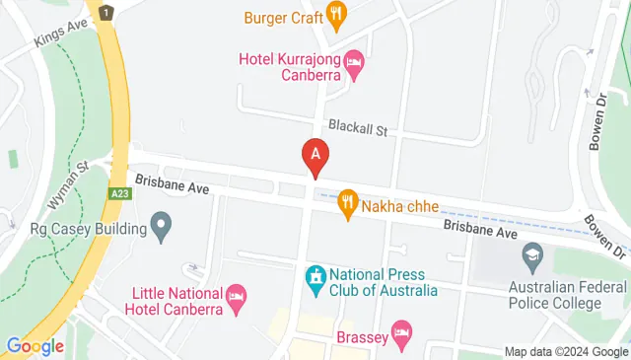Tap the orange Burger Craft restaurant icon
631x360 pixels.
[337, 14]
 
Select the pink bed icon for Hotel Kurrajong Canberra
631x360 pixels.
[353, 61]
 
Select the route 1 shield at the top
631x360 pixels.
[105, 12]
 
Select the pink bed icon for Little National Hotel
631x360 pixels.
[237, 296]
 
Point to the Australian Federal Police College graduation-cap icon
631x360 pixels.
[532, 256]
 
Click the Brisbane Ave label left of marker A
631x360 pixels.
[174, 183]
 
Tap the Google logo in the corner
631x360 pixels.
[35, 346]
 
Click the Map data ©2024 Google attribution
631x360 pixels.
[566, 352]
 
